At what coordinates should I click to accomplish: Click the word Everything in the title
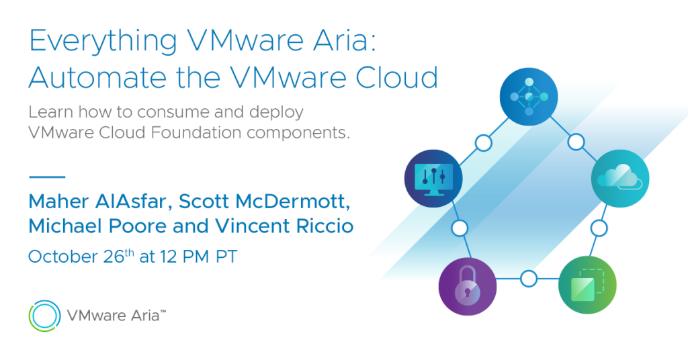103,41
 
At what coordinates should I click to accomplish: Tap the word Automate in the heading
97,78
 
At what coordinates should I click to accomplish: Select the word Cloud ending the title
396,78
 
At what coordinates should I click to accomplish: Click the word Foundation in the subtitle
196,132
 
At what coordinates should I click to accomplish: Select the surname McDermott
293,201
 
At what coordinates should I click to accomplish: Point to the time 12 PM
184,257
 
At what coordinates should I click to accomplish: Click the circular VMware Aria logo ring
45,316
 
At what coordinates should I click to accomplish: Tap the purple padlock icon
468,286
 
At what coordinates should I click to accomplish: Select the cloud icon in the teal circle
620,179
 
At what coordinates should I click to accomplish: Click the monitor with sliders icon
433,179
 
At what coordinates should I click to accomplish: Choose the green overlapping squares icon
587,285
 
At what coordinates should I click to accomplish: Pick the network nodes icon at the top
529,97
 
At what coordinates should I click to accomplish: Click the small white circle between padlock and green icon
528,279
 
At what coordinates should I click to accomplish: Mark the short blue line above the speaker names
47,177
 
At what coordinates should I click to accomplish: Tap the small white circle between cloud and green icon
599,228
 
